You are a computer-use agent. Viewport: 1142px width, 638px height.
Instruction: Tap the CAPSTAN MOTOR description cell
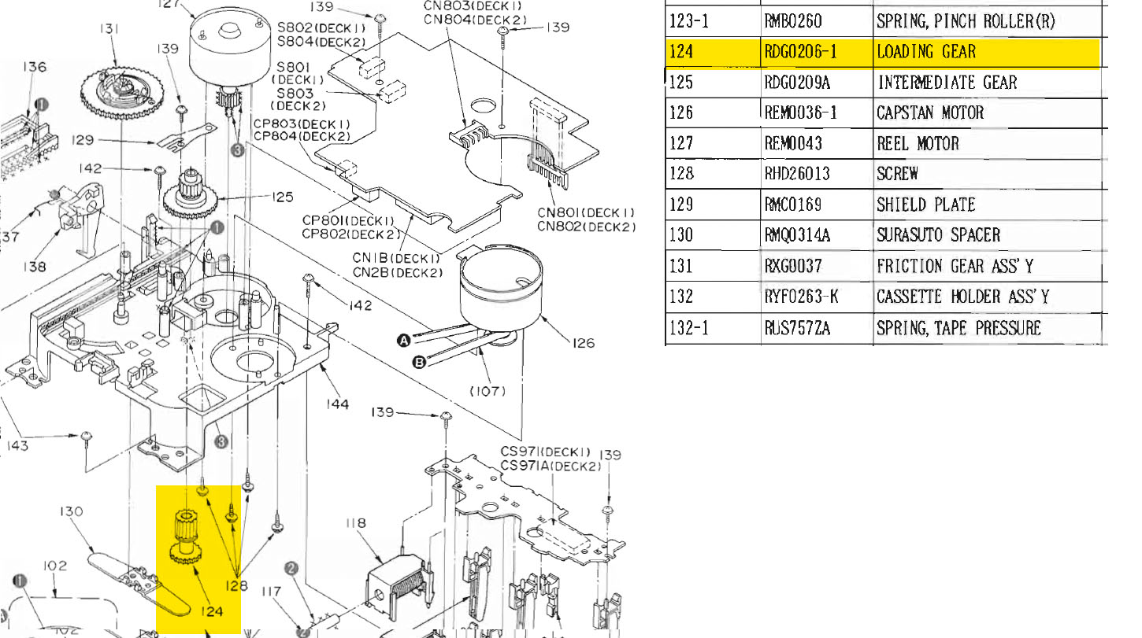tap(929, 113)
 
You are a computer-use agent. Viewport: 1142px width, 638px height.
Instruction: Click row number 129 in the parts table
tap(680, 205)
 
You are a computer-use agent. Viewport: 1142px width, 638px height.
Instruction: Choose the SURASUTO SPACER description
tap(938, 235)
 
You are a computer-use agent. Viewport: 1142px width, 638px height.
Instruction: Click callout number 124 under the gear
tap(211, 611)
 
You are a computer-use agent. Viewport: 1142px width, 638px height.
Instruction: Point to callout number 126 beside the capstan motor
tap(584, 343)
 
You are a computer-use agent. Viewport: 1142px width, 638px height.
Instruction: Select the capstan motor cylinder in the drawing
tap(500, 291)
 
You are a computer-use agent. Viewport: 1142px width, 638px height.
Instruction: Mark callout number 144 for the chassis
tap(338, 404)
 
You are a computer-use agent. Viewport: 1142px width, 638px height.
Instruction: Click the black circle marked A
tap(404, 340)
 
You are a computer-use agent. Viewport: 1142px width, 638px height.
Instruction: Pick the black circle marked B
tap(419, 362)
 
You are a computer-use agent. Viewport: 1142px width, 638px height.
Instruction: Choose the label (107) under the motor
tap(488, 390)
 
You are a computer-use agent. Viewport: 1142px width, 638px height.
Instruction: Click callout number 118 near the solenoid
tap(357, 523)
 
